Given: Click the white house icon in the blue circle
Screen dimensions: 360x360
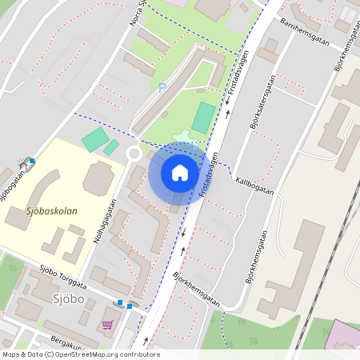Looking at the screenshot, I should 179,173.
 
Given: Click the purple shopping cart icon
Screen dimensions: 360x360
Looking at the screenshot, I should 107,325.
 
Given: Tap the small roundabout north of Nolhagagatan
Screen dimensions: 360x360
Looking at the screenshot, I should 134,154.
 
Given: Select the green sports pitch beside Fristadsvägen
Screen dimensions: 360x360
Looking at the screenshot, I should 203,118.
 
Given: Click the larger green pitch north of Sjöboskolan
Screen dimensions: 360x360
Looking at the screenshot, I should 94,141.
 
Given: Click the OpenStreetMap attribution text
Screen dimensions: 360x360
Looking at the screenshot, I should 80,354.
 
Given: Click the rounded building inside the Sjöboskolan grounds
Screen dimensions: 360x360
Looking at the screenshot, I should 98,178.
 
